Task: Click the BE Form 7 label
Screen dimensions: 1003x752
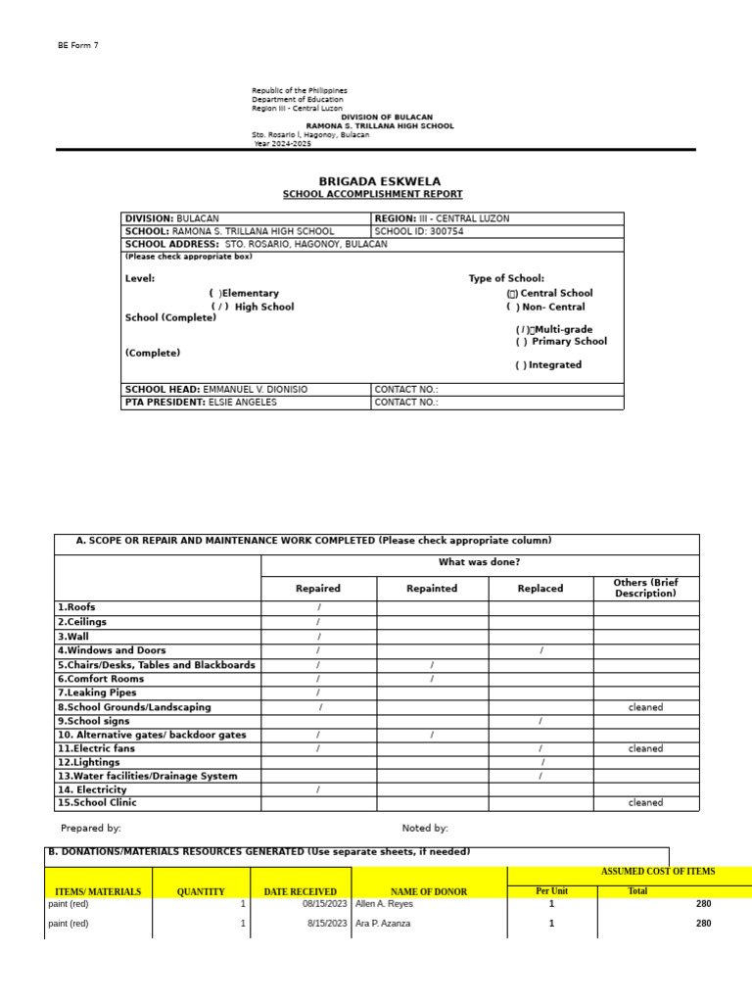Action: tap(78, 46)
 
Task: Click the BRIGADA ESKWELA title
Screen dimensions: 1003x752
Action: tap(380, 181)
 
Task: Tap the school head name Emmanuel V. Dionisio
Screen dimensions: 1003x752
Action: tap(255, 389)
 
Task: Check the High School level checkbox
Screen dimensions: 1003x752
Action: tap(219, 307)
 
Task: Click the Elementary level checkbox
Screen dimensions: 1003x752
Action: tap(214, 293)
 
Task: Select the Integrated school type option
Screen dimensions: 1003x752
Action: tap(521, 365)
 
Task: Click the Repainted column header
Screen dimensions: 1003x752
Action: tap(432, 589)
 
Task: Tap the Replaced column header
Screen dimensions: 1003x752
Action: tap(540, 589)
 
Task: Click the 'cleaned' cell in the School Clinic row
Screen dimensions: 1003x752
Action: tap(645, 803)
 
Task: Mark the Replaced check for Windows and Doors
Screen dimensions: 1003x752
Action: tap(540, 650)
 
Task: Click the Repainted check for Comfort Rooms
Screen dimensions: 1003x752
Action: tap(432, 679)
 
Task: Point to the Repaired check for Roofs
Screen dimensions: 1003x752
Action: tap(318, 608)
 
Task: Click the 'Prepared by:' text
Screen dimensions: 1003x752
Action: tap(91, 829)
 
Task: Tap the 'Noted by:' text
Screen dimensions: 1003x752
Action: tap(425, 829)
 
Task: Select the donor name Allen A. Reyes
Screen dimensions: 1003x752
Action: tap(384, 904)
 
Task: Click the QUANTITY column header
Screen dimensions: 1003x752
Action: tap(201, 891)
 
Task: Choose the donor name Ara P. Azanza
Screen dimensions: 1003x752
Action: tap(385, 924)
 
